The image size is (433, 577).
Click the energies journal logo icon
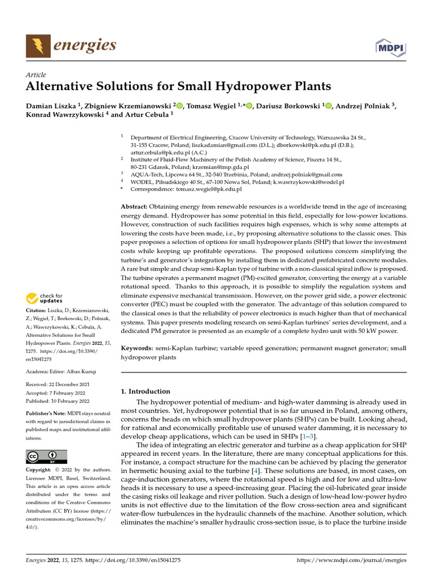coord(37,46)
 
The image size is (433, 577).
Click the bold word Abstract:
coord(136,207)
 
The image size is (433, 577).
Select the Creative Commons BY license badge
coord(46,456)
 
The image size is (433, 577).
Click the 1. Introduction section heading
coord(146,391)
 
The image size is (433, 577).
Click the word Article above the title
coord(36,75)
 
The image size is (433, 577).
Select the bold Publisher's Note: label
coord(46,413)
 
